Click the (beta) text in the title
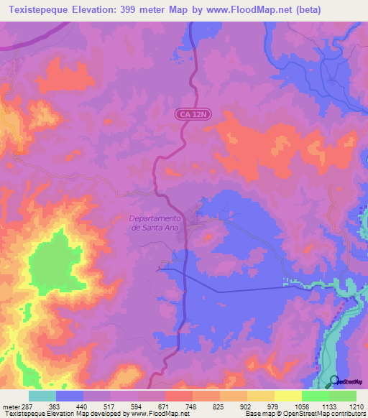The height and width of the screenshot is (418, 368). [x=307, y=10]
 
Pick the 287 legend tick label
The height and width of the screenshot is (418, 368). [x=27, y=407]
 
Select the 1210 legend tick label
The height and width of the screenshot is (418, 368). [x=356, y=407]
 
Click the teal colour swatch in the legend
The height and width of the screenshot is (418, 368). [x=42, y=396]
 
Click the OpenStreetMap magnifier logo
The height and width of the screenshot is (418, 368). [x=333, y=381]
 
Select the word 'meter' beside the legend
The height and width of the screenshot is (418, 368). [x=10, y=407]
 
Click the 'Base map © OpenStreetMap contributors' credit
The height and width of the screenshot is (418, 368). [x=305, y=414]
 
